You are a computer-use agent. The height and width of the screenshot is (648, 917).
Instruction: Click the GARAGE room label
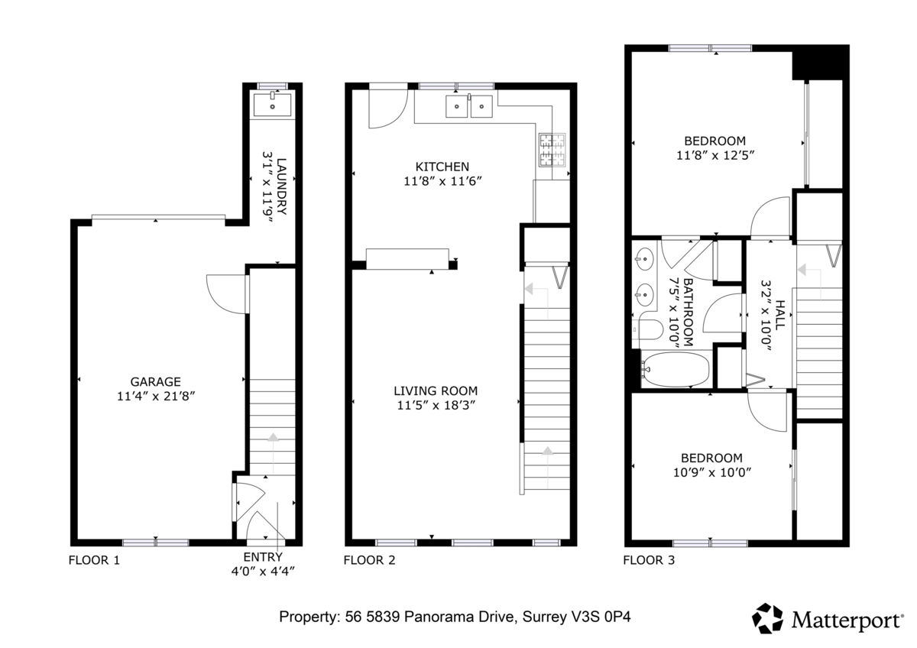[156, 381]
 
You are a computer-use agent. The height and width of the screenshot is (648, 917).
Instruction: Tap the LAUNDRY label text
[282, 186]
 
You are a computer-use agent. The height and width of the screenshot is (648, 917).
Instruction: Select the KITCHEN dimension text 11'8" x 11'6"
[442, 181]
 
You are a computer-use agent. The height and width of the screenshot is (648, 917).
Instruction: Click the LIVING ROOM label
[436, 391]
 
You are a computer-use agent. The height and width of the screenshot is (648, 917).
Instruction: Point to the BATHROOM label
[689, 313]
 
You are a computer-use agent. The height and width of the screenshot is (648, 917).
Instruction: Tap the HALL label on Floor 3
[781, 315]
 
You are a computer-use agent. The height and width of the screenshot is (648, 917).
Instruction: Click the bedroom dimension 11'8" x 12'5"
[715, 156]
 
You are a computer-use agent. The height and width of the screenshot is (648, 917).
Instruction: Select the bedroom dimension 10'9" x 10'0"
[712, 472]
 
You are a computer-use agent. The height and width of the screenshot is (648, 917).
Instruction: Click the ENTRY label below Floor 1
[263, 557]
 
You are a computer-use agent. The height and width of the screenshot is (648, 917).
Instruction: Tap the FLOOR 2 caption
[369, 560]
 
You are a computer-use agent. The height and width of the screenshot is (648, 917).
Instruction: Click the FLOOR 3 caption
[649, 560]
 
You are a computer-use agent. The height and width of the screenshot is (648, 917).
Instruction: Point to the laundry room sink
[272, 105]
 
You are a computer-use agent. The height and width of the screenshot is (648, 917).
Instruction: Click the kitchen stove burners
[552, 150]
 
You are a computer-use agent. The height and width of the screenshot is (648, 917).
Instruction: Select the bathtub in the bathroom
[676, 370]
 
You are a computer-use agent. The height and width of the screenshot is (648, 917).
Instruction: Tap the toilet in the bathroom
[647, 330]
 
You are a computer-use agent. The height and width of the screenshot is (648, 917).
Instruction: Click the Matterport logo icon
[767, 618]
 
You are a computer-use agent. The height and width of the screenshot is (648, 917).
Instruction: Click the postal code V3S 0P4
[604, 617]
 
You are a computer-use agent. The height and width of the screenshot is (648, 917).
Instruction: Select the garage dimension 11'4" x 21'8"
[156, 397]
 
